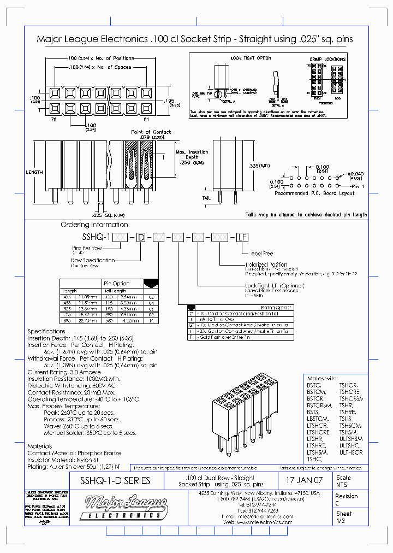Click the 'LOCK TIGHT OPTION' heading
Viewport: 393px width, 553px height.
pos(251,58)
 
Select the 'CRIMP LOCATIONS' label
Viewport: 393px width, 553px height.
pos(327,59)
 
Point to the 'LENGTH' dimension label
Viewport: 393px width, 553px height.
pos(34,172)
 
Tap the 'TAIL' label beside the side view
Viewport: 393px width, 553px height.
pos(206,198)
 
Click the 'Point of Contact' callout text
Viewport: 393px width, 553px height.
pos(151,132)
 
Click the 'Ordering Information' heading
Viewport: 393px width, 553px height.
pos(94,225)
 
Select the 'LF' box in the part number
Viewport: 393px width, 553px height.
pos(242,237)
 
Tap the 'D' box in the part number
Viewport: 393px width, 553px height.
pos(141,237)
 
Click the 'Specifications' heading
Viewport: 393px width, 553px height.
pos(46,331)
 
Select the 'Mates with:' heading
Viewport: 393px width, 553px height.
pos(323,378)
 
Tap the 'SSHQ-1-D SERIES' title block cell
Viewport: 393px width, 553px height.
pos(115,481)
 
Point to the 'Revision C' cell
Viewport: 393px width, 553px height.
pos(347,499)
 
